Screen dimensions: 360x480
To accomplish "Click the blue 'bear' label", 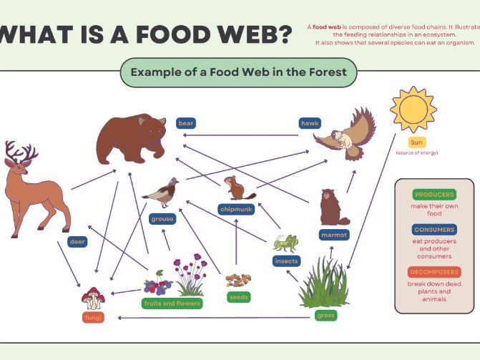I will (186, 123).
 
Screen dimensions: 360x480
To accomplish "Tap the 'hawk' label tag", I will (309, 123).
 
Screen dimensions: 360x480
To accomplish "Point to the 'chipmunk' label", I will (236, 210).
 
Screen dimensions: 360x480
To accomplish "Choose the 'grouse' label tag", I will (162, 218).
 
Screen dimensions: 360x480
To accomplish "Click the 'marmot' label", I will (334, 234).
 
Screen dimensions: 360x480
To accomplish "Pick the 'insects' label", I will (286, 261).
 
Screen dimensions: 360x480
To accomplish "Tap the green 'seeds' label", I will (238, 296).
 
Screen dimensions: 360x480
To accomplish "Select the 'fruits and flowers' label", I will (172, 303).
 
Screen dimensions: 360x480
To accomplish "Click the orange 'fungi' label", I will (92, 318).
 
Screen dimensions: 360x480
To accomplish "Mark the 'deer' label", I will (77, 242).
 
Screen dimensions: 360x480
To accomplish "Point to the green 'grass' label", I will (325, 316).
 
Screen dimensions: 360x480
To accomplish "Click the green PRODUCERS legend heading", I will (434, 195).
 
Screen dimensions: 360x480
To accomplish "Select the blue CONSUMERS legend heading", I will (434, 230).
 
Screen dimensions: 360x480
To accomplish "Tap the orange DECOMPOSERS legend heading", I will (434, 272).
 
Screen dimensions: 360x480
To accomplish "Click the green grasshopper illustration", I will (285, 243).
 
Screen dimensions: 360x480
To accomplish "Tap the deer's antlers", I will (21, 152).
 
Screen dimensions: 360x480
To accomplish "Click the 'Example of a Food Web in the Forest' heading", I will (239, 72).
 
